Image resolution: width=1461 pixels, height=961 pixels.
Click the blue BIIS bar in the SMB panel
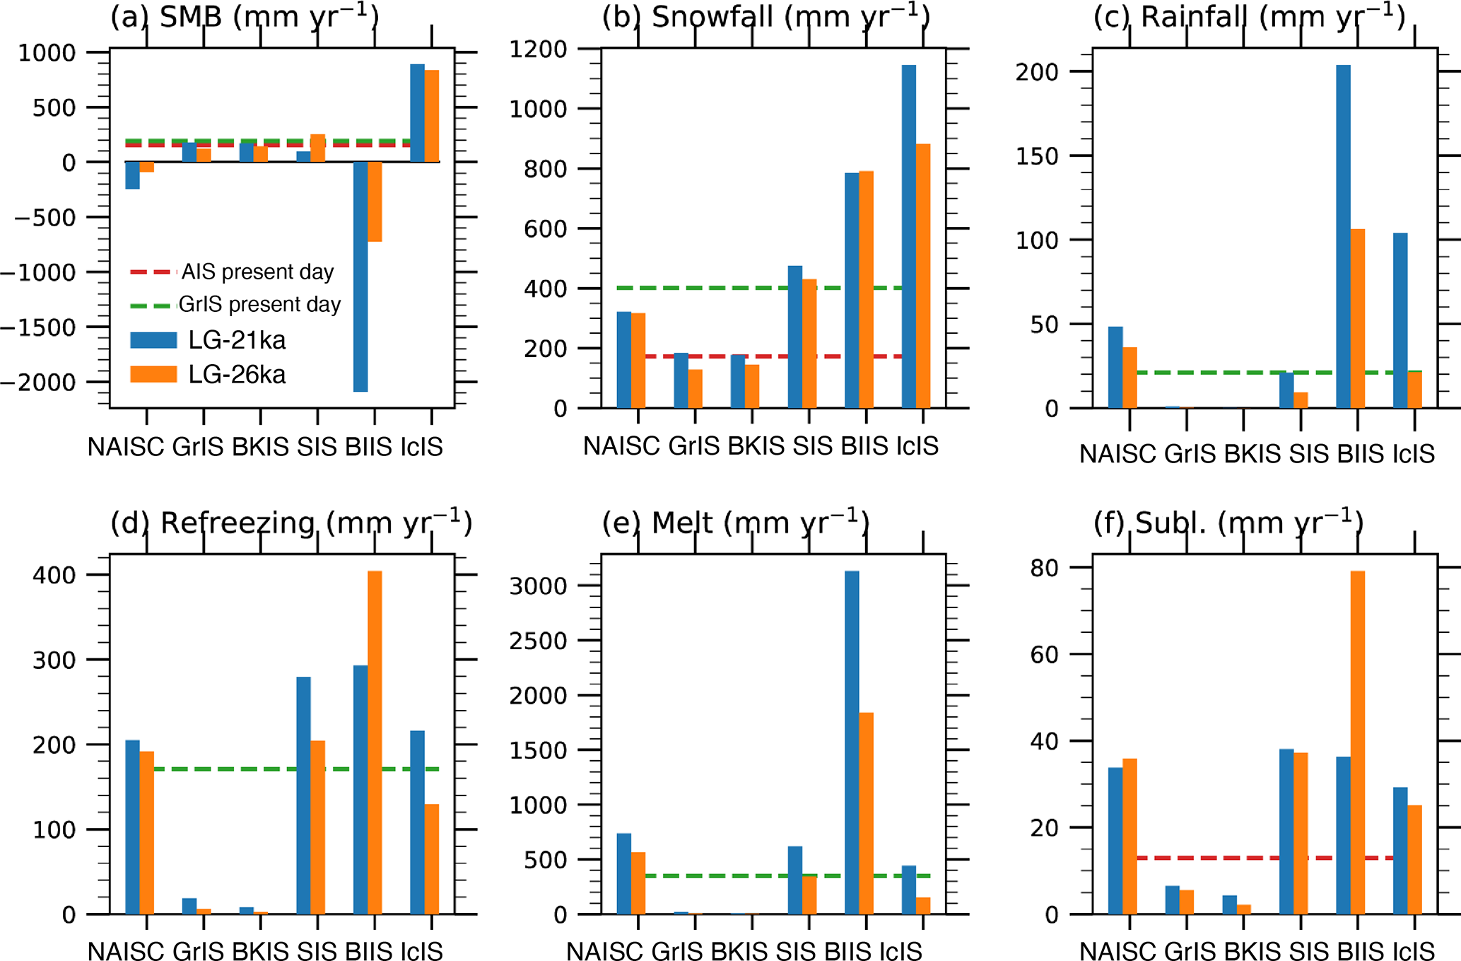tap(360, 276)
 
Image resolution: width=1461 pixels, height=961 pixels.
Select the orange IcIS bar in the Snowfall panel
tap(923, 276)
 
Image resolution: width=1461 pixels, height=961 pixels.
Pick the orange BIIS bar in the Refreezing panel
tap(375, 742)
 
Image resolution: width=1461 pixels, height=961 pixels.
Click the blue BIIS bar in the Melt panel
tap(852, 742)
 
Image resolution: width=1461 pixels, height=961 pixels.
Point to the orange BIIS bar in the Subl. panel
tap(1358, 742)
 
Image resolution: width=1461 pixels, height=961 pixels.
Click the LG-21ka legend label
tap(237, 340)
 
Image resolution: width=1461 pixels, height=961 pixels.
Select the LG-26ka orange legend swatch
tap(153, 374)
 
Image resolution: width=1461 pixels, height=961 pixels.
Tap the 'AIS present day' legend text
tap(257, 272)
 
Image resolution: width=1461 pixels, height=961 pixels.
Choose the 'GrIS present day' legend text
tap(259, 304)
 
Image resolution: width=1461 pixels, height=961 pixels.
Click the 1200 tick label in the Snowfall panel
tap(538, 49)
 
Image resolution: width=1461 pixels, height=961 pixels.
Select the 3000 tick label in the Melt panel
tap(538, 586)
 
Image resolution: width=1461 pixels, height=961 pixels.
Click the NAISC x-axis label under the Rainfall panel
tap(1117, 454)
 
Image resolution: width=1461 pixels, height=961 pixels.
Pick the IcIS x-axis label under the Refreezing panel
tap(422, 951)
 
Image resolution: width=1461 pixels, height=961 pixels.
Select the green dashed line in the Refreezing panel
tap(226, 769)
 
